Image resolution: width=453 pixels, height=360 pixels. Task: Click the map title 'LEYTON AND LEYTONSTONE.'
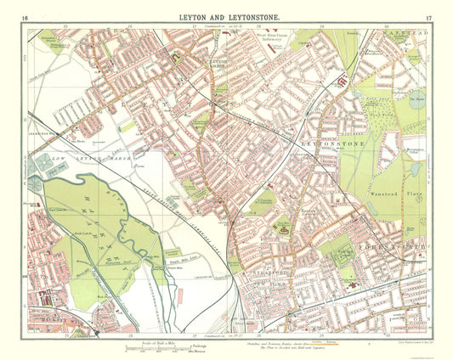(x=226, y=17)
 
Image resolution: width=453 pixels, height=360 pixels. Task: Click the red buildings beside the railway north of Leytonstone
(x=343, y=83)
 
